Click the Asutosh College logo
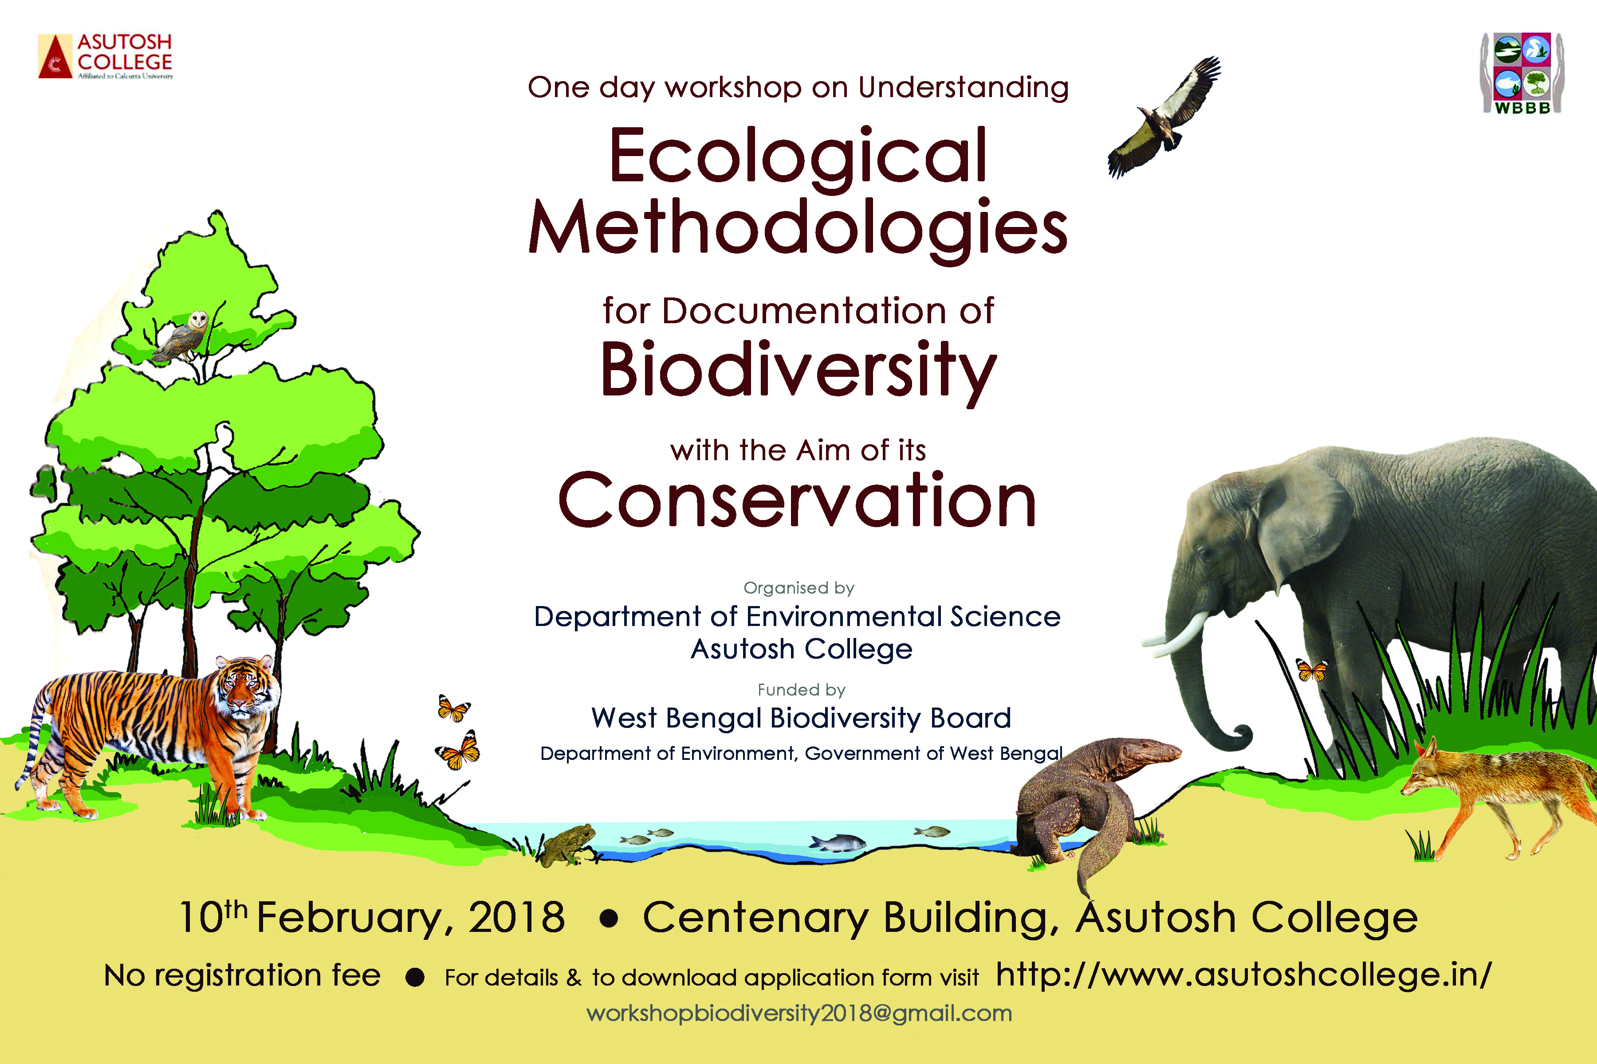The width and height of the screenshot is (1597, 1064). point(105,56)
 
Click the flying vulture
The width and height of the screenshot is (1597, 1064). point(1164,117)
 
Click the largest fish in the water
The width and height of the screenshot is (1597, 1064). point(837,843)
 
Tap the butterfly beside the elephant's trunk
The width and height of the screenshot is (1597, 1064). point(1311,670)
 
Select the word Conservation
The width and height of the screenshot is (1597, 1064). point(797,500)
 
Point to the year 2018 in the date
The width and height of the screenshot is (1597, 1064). point(517,917)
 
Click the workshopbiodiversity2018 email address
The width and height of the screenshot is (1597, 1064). point(799,1014)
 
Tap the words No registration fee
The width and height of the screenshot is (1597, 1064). point(242,976)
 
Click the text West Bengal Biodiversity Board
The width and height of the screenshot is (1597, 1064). point(801,718)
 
